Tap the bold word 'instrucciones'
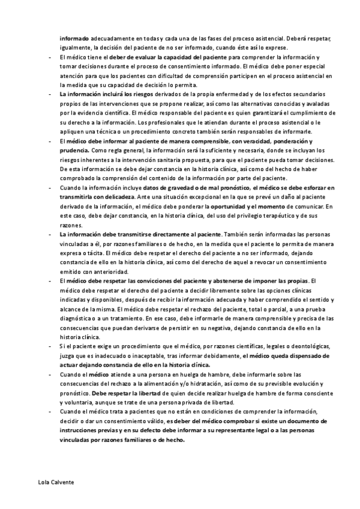click(83, 431)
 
